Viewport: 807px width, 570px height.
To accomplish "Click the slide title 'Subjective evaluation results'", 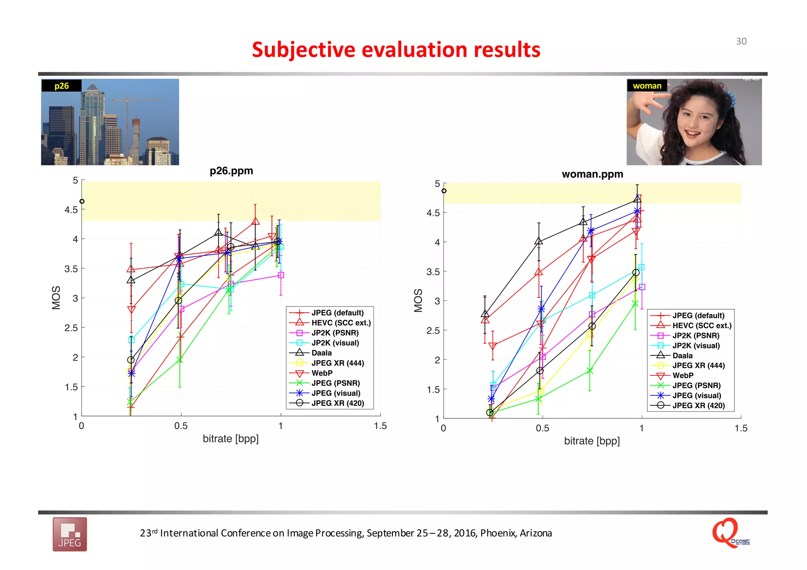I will tap(396, 50).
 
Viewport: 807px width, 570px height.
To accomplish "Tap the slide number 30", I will tap(741, 41).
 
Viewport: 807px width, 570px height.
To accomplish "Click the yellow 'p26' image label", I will tap(61, 86).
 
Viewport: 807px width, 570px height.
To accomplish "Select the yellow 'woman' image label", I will tap(647, 86).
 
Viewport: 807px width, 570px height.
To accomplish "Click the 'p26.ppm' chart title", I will tap(231, 171).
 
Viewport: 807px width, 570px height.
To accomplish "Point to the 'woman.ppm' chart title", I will tap(592, 174).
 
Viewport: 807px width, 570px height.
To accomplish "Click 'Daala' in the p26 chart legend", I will tap(321, 353).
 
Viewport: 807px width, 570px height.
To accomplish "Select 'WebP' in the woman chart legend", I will tap(682, 375).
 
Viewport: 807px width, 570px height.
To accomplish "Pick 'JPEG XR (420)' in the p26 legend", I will tap(337, 403).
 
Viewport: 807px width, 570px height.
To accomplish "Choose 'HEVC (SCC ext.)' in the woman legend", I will tap(701, 325).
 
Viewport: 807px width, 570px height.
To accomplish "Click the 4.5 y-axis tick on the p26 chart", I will tap(71, 210).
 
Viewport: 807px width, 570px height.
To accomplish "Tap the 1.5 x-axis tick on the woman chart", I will tap(741, 428).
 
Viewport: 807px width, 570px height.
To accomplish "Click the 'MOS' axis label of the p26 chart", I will tap(56, 297).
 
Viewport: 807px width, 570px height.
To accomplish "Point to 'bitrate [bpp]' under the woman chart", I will tap(592, 441).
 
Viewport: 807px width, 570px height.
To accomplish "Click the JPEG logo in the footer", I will tap(70, 534).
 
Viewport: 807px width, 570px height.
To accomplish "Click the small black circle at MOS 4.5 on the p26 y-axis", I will tap(82, 201).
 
